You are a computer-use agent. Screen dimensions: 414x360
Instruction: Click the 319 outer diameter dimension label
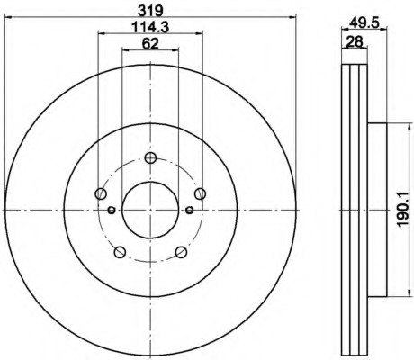pyautogui.click(x=150, y=11)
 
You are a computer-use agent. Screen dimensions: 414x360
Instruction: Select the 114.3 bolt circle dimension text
pyautogui.click(x=150, y=27)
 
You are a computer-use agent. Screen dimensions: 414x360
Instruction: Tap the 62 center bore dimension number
pyautogui.click(x=150, y=44)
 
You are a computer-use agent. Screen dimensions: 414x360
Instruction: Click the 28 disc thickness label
pyautogui.click(x=355, y=41)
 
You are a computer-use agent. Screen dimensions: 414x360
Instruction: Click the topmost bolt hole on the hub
pyautogui.click(x=150, y=157)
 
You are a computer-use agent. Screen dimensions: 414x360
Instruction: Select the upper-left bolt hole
pyautogui.click(x=101, y=193)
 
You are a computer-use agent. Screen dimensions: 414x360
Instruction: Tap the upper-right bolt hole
pyautogui.click(x=200, y=193)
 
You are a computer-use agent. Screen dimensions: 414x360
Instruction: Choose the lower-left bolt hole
pyautogui.click(x=120, y=252)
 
